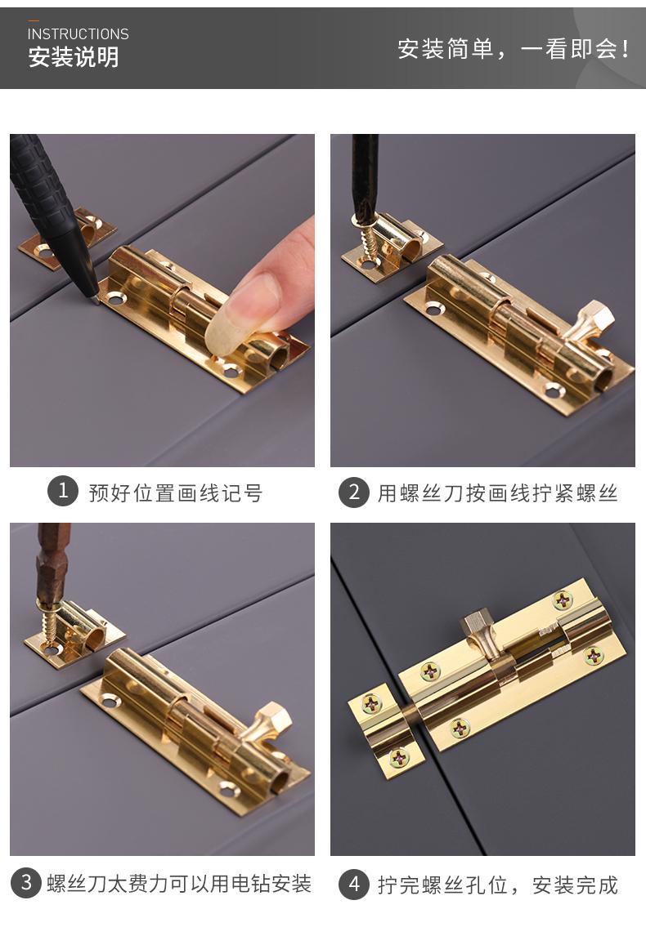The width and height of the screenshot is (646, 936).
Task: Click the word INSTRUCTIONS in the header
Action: [x=79, y=34]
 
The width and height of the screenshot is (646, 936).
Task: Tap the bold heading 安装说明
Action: [x=74, y=57]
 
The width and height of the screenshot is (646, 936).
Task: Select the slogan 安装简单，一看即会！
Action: [x=514, y=49]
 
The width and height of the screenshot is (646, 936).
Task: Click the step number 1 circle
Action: [x=63, y=492]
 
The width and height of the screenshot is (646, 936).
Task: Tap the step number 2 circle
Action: [x=354, y=493]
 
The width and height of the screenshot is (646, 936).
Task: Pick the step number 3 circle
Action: [x=26, y=882]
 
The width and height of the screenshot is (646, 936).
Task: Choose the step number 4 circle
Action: [x=354, y=884]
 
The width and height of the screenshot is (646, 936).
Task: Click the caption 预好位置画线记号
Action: [x=175, y=493]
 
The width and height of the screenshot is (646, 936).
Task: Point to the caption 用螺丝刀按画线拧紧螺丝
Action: [x=497, y=493]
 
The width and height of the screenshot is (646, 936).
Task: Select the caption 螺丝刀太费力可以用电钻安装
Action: [x=179, y=884]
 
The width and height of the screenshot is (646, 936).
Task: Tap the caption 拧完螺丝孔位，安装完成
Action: [x=497, y=885]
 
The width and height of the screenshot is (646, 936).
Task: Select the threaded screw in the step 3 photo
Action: [x=50, y=624]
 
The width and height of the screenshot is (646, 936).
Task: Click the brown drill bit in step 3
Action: [x=52, y=564]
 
